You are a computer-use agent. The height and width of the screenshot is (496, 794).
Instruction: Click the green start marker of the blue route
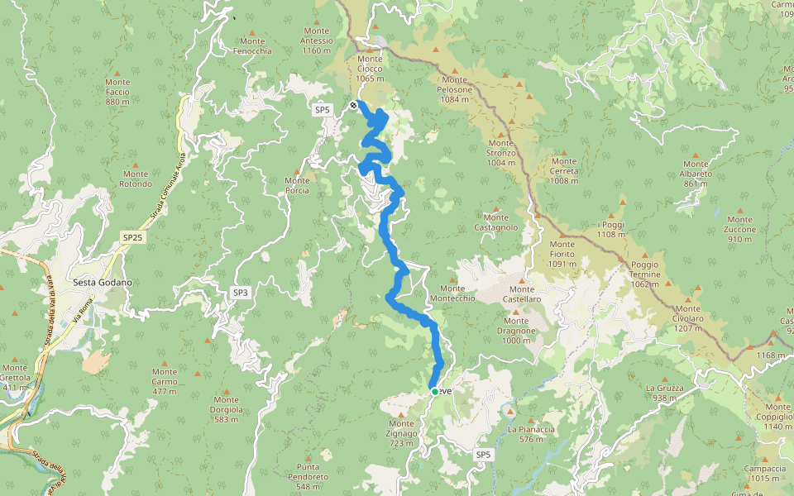click(434, 391)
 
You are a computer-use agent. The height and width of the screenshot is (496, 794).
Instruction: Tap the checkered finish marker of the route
click(354, 105)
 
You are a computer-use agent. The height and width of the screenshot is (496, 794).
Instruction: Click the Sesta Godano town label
click(103, 283)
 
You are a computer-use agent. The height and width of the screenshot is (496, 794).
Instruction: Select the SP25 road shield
click(132, 237)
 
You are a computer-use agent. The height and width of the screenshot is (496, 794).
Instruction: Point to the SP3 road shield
click(240, 293)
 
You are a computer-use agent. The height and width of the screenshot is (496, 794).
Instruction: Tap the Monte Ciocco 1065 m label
click(370, 69)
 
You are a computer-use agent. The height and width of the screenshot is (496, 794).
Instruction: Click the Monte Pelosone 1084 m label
click(456, 94)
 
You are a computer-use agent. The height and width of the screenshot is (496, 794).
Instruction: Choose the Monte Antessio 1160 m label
click(317, 41)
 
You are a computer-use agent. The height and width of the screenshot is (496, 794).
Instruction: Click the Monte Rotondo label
click(136, 179)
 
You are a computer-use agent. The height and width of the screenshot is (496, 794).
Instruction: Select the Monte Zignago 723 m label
click(406, 438)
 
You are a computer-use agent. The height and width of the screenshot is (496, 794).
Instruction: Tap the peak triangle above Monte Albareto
click(695, 155)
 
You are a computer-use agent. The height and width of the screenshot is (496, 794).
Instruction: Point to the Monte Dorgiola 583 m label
click(226, 414)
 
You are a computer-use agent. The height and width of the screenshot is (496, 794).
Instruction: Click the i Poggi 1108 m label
click(611, 230)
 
